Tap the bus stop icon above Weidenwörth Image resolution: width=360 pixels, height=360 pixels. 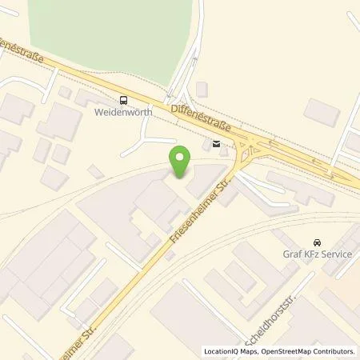click(123, 100)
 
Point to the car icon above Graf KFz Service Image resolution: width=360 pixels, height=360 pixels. click(317, 242)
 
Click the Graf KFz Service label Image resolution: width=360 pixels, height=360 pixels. click(316, 256)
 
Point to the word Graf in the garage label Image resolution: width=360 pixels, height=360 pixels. click(291, 256)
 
